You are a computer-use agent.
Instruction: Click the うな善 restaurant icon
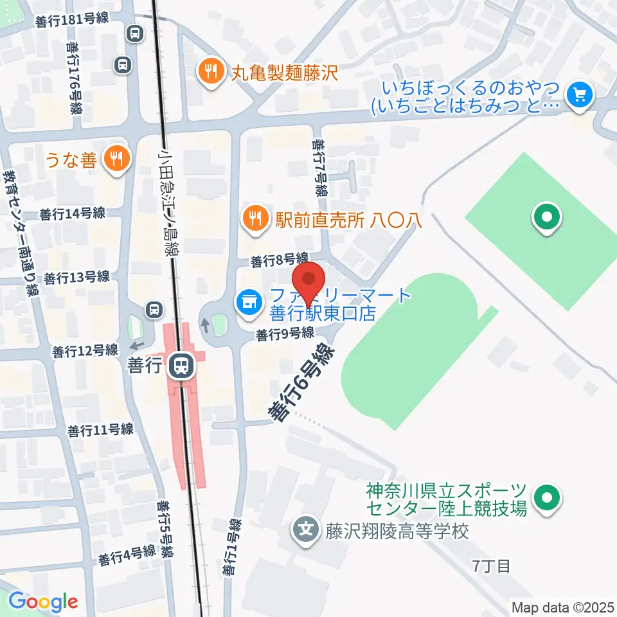coord(116,159)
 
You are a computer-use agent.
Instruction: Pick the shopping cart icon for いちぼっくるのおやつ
coord(580,96)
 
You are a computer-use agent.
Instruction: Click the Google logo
coord(43,602)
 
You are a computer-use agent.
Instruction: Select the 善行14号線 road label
coord(72,213)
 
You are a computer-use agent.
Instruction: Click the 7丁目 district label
coord(492,566)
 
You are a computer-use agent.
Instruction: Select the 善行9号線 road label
coord(284,334)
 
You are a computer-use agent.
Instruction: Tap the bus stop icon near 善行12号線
coord(153,310)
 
